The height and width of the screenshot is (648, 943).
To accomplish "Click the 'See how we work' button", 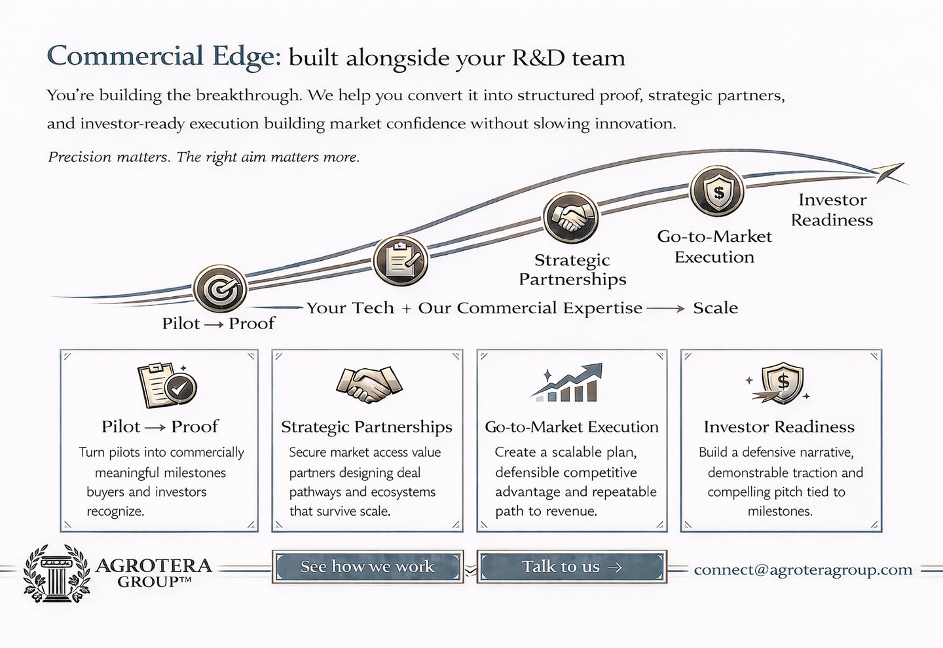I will tap(367, 567).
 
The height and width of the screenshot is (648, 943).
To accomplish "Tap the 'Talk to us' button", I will tap(571, 567).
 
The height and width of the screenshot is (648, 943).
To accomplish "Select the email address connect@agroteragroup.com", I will tap(803, 570).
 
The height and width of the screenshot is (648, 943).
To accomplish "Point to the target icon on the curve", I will tap(220, 288).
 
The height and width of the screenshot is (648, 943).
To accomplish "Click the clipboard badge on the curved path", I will tap(401, 260).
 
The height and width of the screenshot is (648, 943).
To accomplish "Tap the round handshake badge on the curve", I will tap(570, 218).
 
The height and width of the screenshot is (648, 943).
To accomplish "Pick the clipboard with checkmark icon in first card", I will tap(166, 385).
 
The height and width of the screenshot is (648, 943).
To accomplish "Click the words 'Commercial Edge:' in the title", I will tap(164, 56).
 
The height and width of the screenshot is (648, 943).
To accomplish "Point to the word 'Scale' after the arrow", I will tap(715, 308).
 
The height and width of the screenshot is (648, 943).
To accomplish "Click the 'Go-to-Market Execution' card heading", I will tap(572, 427).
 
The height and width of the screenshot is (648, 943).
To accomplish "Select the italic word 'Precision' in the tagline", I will tap(80, 157).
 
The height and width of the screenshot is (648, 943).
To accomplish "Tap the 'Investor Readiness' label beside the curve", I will tap(832, 210).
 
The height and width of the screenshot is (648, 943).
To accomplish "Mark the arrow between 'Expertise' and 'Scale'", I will tap(667, 309).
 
